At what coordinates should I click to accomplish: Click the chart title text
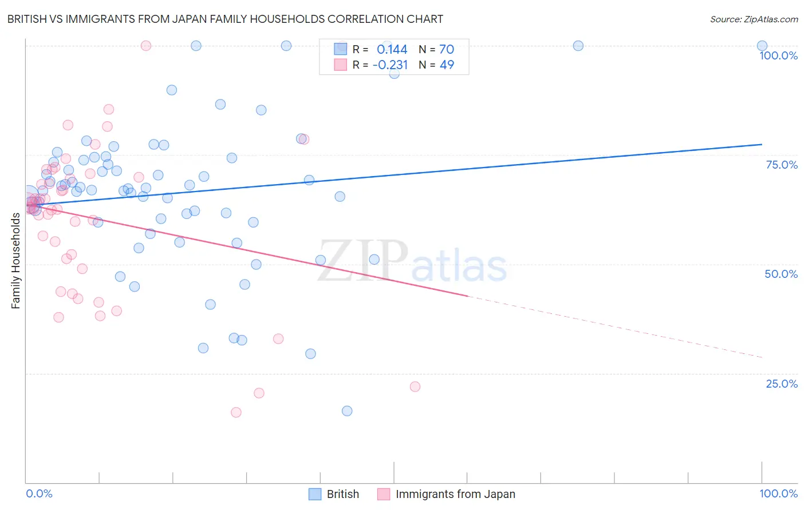click(225, 19)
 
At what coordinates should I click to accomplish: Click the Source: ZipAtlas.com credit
click(753, 19)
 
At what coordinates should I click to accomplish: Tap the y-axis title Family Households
click(15, 261)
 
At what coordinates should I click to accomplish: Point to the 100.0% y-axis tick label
click(778, 55)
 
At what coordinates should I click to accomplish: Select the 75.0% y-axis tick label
click(782, 165)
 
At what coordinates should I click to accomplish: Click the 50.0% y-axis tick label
click(781, 274)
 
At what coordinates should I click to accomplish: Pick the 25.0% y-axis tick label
click(782, 384)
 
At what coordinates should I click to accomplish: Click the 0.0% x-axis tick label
click(39, 493)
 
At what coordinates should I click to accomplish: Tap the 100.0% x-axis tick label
click(778, 493)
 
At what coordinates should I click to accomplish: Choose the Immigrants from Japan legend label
click(455, 494)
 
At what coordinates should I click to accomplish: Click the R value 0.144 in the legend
click(392, 50)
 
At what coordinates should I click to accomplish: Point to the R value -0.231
click(390, 65)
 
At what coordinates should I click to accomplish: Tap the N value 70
click(447, 50)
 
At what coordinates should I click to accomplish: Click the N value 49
click(447, 65)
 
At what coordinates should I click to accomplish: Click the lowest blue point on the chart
click(347, 411)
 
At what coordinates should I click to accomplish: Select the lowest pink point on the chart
click(236, 412)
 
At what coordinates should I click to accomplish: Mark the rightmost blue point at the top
click(762, 46)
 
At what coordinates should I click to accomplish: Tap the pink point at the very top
click(146, 46)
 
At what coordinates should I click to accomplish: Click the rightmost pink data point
click(415, 387)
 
